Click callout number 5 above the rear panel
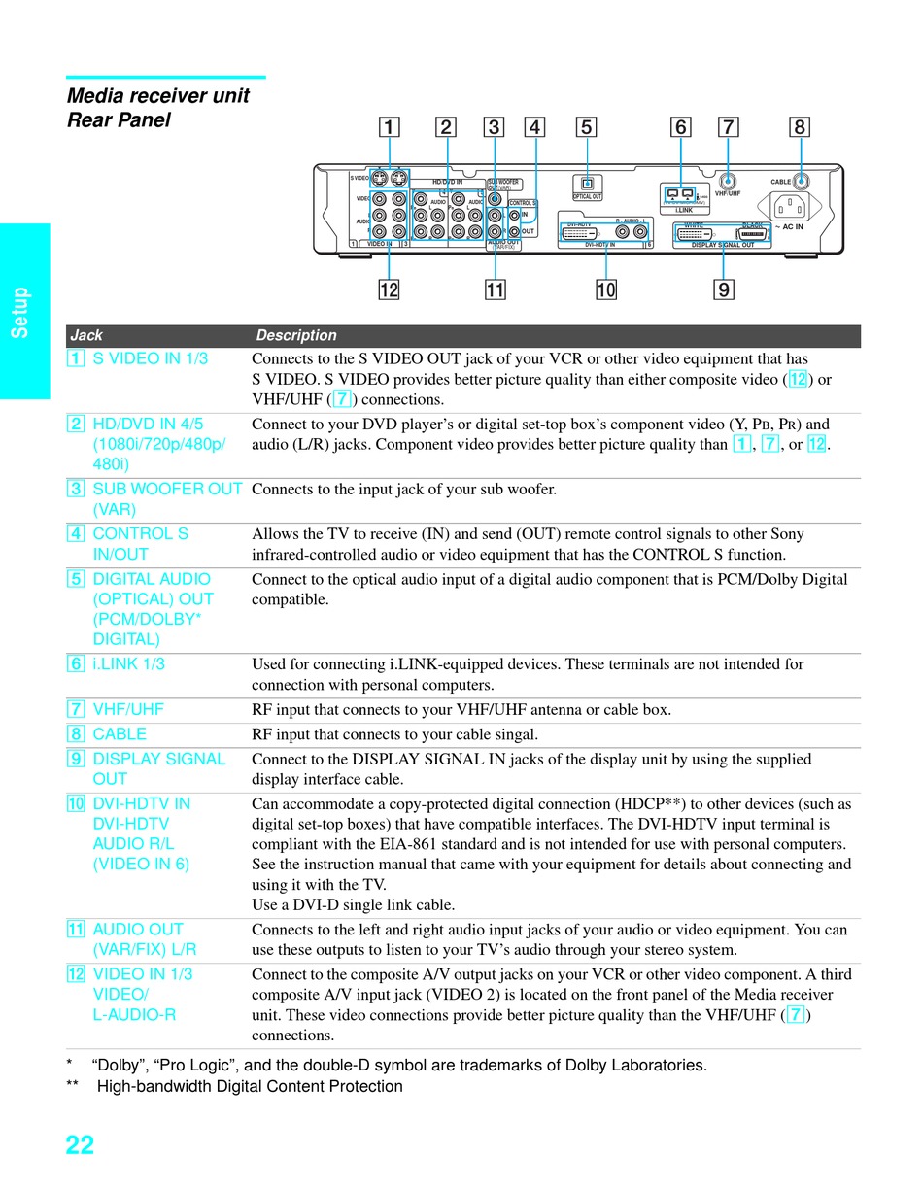click(585, 127)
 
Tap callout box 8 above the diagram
click(800, 127)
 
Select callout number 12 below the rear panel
click(389, 289)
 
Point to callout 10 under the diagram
click(606, 289)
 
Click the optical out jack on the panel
click(587, 183)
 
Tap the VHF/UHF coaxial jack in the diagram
click(728, 181)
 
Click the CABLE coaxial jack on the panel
click(801, 181)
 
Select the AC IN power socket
click(789, 206)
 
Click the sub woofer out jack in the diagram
click(495, 198)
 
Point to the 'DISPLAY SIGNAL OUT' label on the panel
click(722, 245)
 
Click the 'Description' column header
click(296, 335)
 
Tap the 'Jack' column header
click(86, 335)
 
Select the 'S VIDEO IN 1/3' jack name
click(150, 358)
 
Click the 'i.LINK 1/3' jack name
click(128, 664)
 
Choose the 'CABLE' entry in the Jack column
click(120, 734)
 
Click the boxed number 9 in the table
click(76, 759)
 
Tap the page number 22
click(80, 1145)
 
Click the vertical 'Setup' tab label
click(21, 312)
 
